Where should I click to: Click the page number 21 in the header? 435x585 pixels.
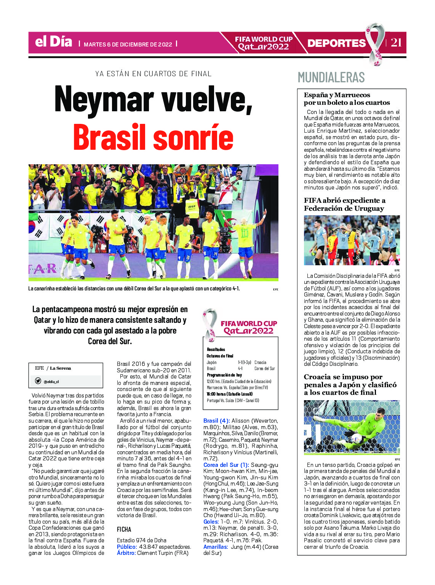point(396,42)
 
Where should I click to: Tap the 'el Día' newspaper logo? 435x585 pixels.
point(53,42)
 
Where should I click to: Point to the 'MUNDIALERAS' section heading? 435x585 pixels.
point(331,77)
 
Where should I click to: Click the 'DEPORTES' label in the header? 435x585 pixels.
point(336,43)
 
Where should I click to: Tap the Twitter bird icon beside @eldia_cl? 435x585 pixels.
point(38,381)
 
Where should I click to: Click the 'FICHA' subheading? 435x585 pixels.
point(124,529)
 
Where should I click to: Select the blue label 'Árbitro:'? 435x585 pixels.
point(126,553)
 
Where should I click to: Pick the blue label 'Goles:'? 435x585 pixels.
point(211,522)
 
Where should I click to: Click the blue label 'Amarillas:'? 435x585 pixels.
point(216,547)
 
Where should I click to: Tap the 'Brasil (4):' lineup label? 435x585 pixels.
point(216,421)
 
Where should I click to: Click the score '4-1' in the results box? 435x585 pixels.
point(240,369)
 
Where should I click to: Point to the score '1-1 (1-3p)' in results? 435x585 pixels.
point(244,362)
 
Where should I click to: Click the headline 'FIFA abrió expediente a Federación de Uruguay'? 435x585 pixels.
point(344,204)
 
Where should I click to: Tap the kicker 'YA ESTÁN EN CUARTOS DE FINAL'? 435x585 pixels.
point(154,74)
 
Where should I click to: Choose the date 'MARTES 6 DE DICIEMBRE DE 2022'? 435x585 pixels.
point(128,44)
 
